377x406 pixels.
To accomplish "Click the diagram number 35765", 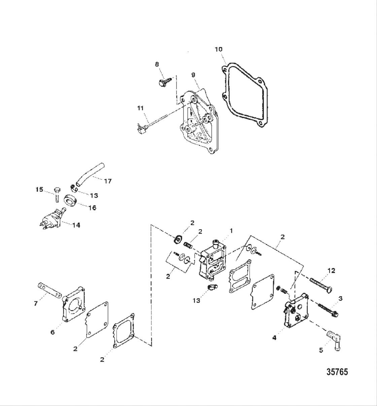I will pos(337,372).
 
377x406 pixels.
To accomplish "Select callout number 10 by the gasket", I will pos(218,49).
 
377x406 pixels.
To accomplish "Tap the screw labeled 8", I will pos(163,81).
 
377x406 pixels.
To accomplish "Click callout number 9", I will pos(193,75).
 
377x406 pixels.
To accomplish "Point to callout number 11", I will pos(140,108).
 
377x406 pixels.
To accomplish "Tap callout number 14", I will pos(76,225).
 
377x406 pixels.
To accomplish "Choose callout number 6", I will pos(53,332).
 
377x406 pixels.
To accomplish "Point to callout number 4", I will pos(274,337).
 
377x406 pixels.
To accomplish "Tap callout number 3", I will pos(340,299).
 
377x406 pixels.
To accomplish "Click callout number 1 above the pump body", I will pos(231,230).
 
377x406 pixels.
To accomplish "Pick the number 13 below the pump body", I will pos(196,300).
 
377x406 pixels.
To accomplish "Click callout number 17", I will pos(107,181).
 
